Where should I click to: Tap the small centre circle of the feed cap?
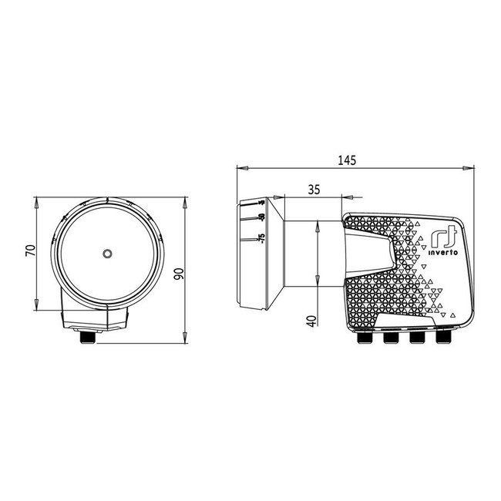tap(106, 253)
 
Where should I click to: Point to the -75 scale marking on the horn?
tap(262, 239)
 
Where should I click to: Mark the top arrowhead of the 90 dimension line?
tap(187, 202)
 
